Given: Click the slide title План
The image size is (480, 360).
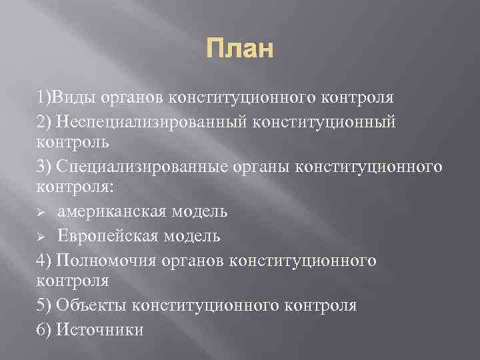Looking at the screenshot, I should click(x=239, y=49).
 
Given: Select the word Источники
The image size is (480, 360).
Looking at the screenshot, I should click(x=100, y=329).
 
